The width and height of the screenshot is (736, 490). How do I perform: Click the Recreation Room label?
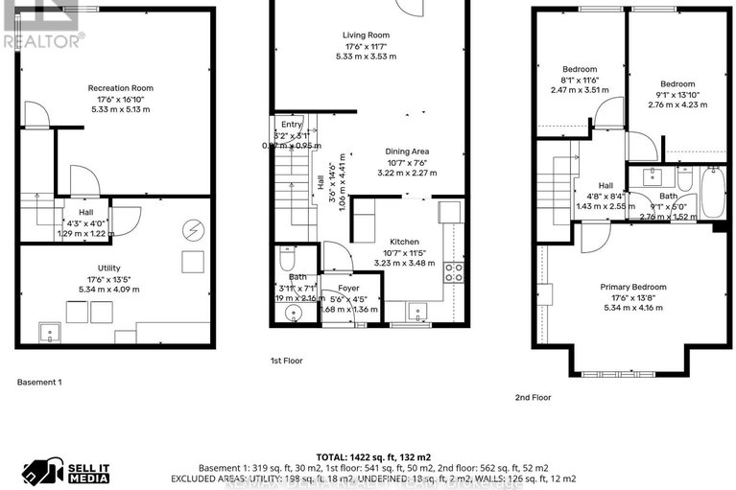[x=120, y=88]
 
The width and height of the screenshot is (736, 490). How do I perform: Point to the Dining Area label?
[x=407, y=152]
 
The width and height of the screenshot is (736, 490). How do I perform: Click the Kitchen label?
[x=404, y=242]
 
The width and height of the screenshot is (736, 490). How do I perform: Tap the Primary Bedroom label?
[x=632, y=287]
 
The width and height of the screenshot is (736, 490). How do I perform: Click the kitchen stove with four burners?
[x=452, y=271]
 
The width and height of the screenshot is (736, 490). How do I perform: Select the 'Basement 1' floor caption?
[x=39, y=382]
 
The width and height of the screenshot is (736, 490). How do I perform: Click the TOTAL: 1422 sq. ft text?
[x=368, y=456]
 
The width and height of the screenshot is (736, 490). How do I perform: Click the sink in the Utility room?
[x=46, y=332]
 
